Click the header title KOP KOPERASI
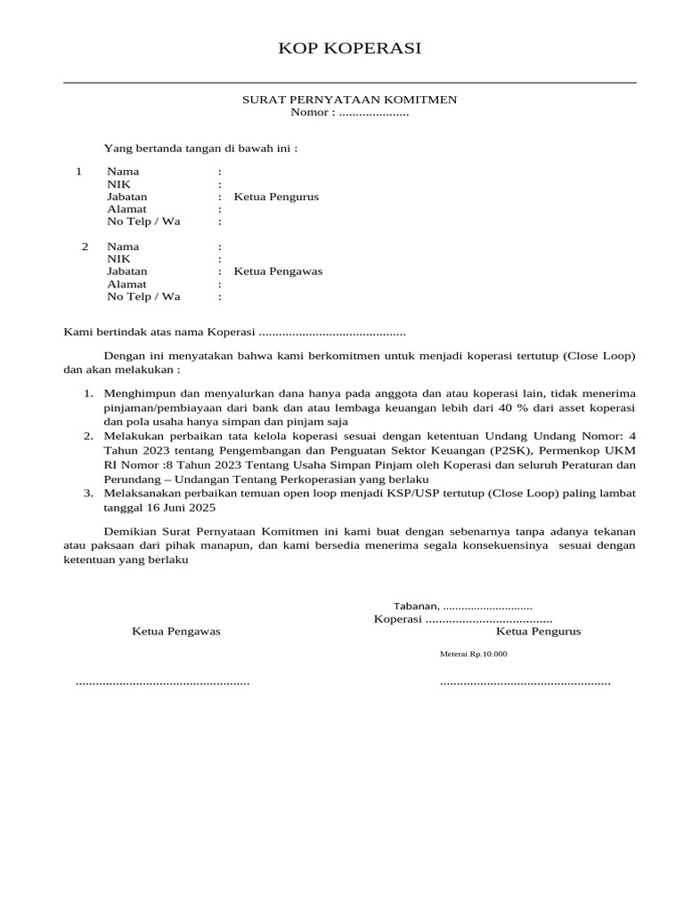[x=350, y=48]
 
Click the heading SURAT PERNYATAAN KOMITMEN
[x=350, y=100]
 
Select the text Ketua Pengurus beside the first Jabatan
[x=276, y=197]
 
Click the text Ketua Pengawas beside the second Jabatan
[x=278, y=271]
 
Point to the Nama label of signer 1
[x=123, y=171]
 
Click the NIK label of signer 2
[x=118, y=259]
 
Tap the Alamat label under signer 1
[x=126, y=209]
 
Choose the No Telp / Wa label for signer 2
[x=143, y=296]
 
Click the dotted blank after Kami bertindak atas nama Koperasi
[x=331, y=333]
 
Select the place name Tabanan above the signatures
[x=416, y=606]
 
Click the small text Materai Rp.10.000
[x=473, y=654]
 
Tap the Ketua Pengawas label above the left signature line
[x=175, y=631]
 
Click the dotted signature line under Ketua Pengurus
[x=525, y=682]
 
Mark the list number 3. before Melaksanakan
[x=88, y=493]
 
